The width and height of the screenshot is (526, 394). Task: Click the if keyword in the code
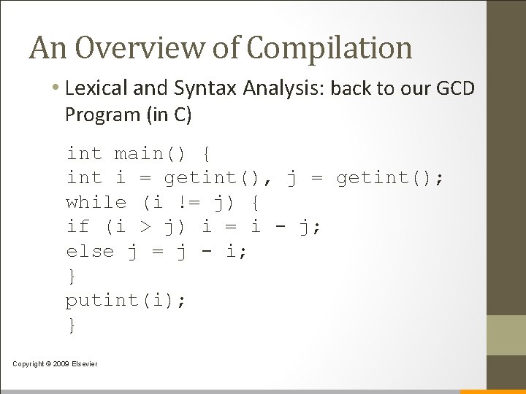[x=77, y=228]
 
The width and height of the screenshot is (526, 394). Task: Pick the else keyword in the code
[x=91, y=252]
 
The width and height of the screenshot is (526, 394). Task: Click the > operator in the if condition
[x=145, y=228]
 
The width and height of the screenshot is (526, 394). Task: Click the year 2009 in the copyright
[x=59, y=364]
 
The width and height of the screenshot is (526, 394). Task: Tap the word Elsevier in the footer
[x=83, y=364]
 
